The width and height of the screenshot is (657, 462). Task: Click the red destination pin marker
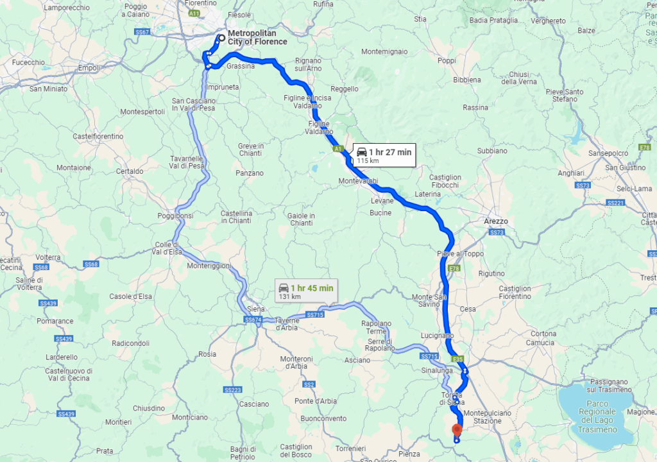457,430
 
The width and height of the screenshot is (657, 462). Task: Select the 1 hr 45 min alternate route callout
305,291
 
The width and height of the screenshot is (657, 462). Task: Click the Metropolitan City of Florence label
257,38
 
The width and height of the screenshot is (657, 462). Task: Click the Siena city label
255,309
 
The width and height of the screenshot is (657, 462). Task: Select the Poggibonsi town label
175,216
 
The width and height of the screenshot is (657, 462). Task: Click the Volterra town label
48,257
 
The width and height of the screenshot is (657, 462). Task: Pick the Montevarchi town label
358,182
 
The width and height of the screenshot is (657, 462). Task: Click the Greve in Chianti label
251,150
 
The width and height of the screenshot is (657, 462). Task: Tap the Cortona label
543,334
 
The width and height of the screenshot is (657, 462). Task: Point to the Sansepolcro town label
609,154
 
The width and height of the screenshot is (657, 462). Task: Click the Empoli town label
89,68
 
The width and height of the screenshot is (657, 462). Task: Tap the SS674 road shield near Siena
253,319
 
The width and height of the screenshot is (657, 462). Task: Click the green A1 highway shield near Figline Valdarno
337,150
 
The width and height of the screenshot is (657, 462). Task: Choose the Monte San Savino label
429,302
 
